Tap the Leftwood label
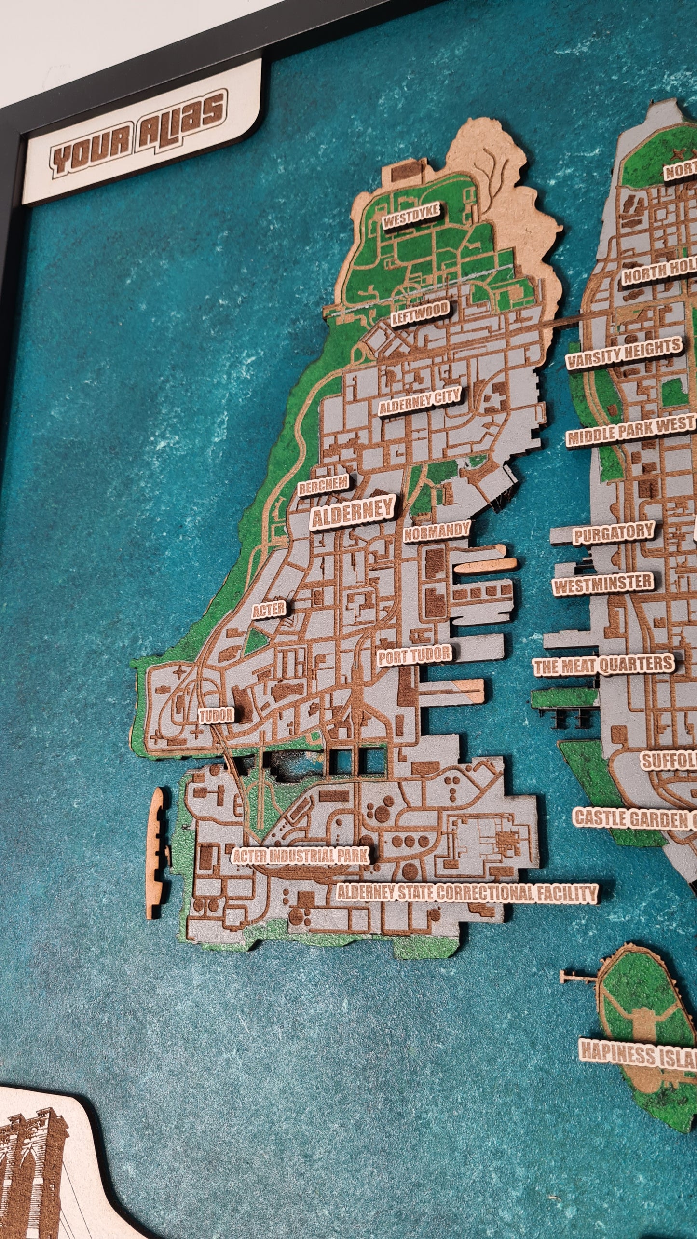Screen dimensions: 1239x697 coord(420,314)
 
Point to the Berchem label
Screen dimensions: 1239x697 coord(323,486)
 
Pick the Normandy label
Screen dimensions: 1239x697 coord(437,531)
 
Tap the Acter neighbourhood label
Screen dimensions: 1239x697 coord(269,611)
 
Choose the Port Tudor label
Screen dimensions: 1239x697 coord(414,655)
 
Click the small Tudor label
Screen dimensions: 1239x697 coord(217,716)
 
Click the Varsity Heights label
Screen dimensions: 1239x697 coord(624,354)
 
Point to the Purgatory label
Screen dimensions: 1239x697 coord(613,534)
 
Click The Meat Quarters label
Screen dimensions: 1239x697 coord(603,666)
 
